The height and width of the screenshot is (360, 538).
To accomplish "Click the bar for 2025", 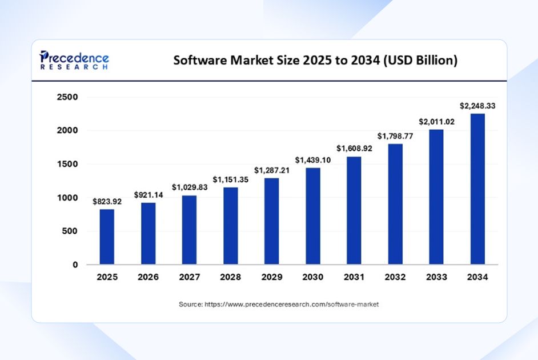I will [107, 237].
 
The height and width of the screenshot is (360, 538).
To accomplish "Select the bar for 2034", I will [477, 189].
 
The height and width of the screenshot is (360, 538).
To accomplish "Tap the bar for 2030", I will [312, 216].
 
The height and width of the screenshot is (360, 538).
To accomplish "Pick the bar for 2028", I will [230, 226].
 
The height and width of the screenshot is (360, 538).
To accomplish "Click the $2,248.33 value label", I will [477, 106].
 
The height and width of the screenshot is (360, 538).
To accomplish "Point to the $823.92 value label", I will [107, 201].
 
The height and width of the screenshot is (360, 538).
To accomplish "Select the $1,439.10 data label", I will [312, 160].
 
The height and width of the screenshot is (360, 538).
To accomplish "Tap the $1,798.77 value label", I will [395, 136].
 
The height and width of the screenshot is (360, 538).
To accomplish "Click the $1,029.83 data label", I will [189, 187].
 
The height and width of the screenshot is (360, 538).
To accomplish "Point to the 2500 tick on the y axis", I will [67, 97].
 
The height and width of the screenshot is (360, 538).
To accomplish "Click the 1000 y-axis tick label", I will [67, 198].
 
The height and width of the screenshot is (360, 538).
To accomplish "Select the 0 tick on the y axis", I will [74, 265].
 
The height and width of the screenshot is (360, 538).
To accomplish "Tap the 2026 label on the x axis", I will [148, 277].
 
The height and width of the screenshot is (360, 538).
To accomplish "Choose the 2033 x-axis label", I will [436, 277].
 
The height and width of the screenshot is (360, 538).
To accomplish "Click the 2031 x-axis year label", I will [354, 277].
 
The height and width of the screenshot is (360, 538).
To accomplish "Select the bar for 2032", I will [395, 204].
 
